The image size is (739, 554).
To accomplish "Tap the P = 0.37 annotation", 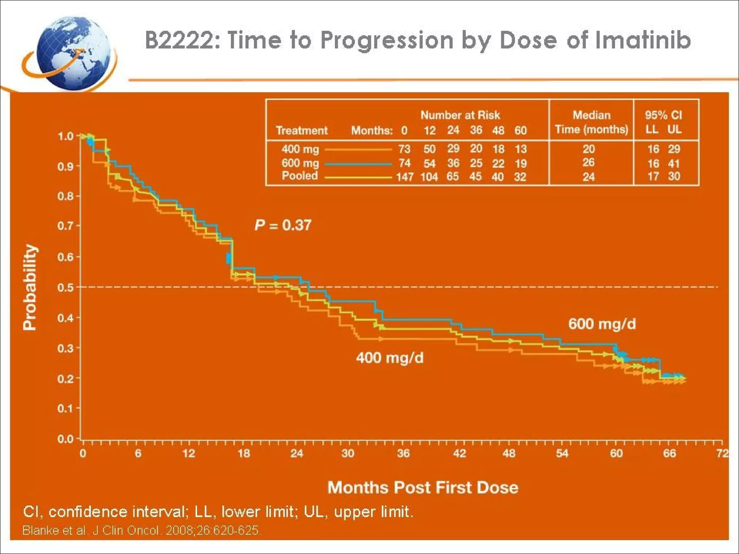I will (283, 225).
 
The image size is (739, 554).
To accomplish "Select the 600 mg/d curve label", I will (602, 324).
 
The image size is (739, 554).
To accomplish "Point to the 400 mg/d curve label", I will (390, 358).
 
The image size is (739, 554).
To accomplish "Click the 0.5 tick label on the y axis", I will (66, 287).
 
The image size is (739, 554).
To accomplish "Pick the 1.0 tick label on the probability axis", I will (66, 136).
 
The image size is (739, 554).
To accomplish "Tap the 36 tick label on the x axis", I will (403, 453).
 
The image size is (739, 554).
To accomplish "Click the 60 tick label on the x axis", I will (616, 453).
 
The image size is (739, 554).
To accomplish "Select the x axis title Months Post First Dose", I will (423, 487).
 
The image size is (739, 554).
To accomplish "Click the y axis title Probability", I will (30, 287).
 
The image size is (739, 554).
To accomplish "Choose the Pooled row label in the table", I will (299, 176).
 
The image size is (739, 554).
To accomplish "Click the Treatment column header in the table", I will (302, 130).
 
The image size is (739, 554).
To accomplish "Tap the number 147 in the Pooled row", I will (405, 177).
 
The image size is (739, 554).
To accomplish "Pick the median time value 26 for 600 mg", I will (588, 162).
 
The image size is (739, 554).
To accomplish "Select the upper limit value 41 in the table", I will (674, 163).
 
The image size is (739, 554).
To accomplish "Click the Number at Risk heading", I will (460, 115).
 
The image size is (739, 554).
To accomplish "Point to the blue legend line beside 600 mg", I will (358, 164).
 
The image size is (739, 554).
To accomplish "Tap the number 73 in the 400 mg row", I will (405, 149).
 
